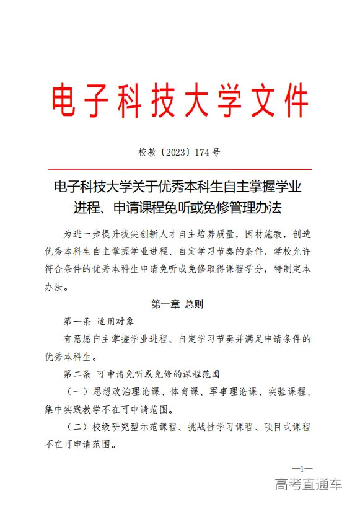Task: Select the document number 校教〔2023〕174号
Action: coord(180,152)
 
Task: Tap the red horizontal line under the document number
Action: coord(180,168)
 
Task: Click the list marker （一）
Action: coord(77,392)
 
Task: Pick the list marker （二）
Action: coord(77,427)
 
